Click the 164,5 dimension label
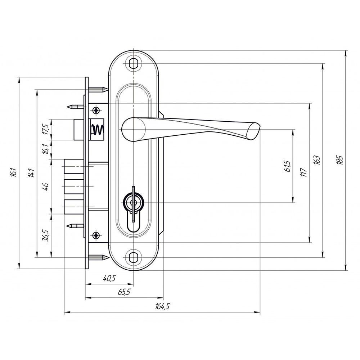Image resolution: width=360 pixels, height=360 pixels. coord(162,306)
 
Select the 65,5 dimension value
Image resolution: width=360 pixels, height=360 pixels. coord(124,292)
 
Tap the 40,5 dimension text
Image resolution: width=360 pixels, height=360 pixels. coord(109,279)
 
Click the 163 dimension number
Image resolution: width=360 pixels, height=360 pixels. coord(317,160)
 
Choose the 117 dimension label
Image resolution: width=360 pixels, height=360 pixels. coord(303,172)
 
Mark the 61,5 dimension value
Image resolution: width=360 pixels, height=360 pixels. coord(287,166)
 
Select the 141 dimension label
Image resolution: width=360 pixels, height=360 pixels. coord(31,173)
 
